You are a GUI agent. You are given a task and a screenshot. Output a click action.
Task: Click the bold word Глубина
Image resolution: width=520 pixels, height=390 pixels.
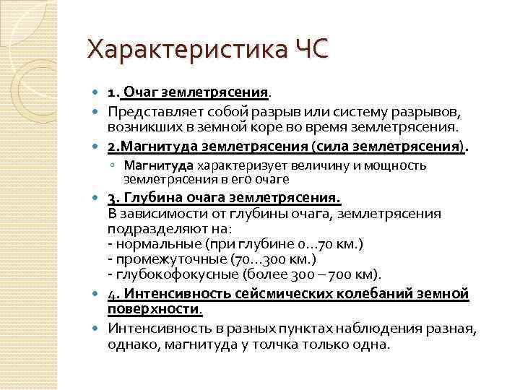tap(151, 198)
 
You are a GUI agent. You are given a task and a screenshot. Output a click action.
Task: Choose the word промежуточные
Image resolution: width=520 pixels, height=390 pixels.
tap(165, 259)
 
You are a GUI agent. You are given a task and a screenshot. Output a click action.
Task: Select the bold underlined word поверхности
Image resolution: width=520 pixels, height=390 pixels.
tap(155, 309)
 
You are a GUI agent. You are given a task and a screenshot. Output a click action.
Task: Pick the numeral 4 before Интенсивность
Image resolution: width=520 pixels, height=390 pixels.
tap(111, 294)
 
